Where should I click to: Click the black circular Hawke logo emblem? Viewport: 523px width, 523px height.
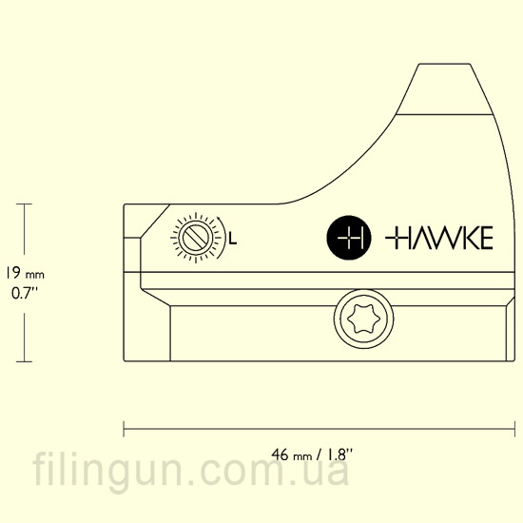pyautogui.click(x=349, y=238)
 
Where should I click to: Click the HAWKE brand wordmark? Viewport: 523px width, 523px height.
pyautogui.click(x=439, y=238)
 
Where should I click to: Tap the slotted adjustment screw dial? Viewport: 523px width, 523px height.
pyautogui.click(x=196, y=238)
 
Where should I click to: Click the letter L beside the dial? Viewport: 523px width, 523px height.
pyautogui.click(x=233, y=239)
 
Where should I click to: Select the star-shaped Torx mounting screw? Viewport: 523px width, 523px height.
pyautogui.click(x=363, y=319)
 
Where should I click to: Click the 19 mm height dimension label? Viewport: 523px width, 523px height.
pyautogui.click(x=24, y=274)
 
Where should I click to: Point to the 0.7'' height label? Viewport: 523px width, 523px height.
pyautogui.click(x=25, y=293)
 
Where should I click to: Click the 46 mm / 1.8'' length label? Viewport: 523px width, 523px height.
pyautogui.click(x=312, y=455)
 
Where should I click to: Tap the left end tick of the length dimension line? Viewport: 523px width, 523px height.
pyautogui.click(x=124, y=429)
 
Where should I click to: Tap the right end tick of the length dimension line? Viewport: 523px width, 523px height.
pyautogui.click(x=514, y=429)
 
